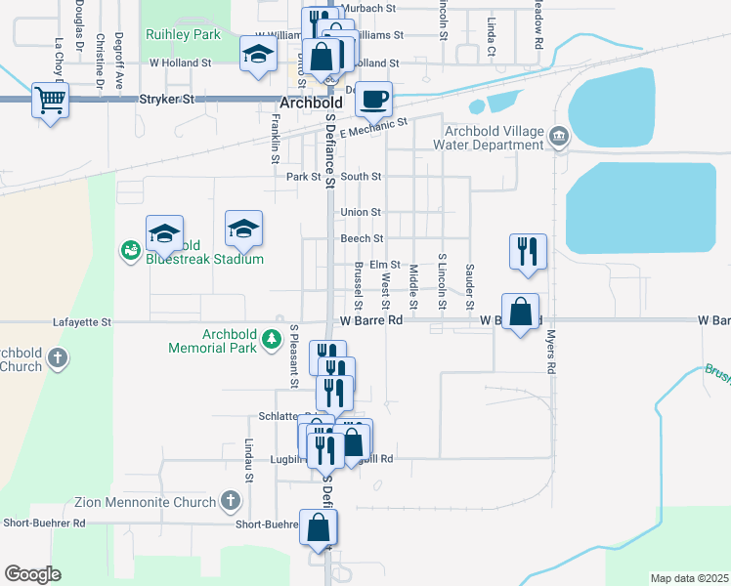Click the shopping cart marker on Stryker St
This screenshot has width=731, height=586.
click(x=50, y=99)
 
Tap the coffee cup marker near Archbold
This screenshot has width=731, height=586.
click(x=373, y=98)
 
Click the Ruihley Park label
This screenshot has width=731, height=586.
click(x=183, y=34)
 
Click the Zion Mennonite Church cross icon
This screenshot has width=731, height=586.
click(x=230, y=503)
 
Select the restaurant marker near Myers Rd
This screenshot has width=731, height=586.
click(x=528, y=250)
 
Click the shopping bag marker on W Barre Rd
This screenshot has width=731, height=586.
click(x=521, y=313)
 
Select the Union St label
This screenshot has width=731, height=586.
click(x=361, y=212)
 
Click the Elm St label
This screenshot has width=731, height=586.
click(x=385, y=265)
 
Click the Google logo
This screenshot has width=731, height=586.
click(x=32, y=574)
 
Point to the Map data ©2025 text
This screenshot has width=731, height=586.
click(x=689, y=578)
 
